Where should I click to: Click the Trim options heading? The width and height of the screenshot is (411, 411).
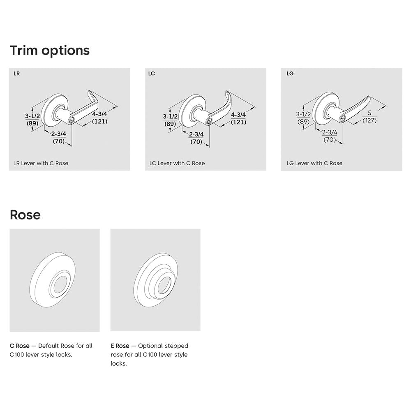pyautogui.click(x=50, y=51)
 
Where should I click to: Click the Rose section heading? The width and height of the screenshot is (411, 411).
pyautogui.click(x=25, y=215)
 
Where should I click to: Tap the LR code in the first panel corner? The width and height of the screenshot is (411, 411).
pyautogui.click(x=16, y=74)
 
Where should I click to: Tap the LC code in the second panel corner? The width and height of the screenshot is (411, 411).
pyautogui.click(x=151, y=74)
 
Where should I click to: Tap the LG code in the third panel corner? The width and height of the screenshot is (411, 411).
pyautogui.click(x=290, y=74)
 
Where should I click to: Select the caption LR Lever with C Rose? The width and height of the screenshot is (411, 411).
pyautogui.click(x=41, y=163)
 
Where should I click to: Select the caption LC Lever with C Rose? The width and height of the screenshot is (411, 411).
pyautogui.click(x=177, y=163)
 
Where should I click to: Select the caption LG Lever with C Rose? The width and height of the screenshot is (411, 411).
pyautogui.click(x=314, y=163)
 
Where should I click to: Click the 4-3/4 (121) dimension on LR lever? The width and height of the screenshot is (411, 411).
pyautogui.click(x=100, y=118)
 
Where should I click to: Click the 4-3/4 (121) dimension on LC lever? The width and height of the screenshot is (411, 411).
pyautogui.click(x=238, y=118)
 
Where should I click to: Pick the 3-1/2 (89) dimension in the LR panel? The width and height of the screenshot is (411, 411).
pyautogui.click(x=32, y=120)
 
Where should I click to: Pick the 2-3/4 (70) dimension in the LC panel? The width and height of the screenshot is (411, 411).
pyautogui.click(x=196, y=138)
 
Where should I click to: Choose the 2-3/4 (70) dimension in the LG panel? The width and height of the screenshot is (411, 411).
pyautogui.click(x=329, y=136)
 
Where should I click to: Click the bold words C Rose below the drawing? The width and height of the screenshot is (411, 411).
pyautogui.click(x=19, y=346)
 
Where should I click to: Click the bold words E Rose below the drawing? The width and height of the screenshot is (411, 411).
pyautogui.click(x=120, y=346)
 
